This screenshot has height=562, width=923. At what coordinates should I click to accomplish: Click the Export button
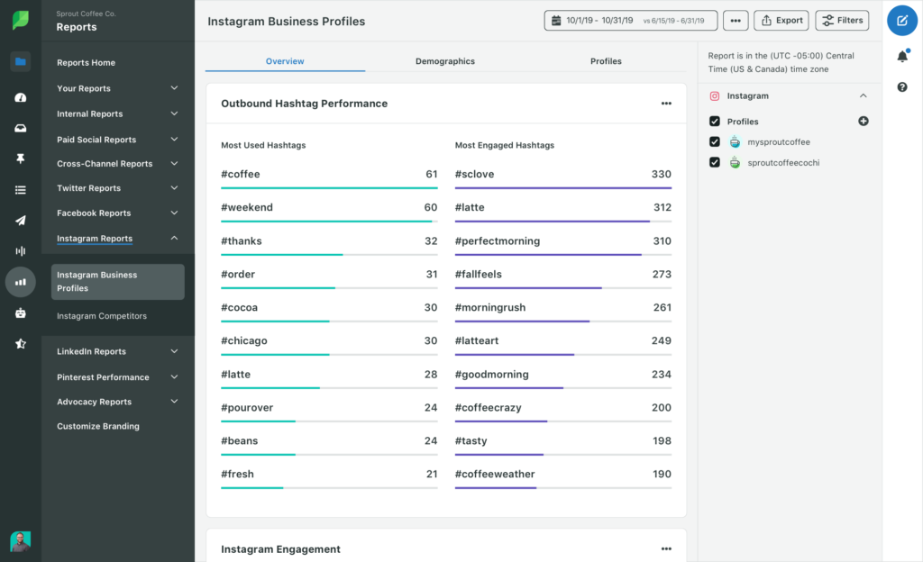(x=781, y=20)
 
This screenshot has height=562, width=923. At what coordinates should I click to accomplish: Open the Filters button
(x=842, y=20)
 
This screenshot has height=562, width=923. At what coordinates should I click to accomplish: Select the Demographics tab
(x=444, y=61)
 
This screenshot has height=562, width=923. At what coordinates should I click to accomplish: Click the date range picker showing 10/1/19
(x=630, y=20)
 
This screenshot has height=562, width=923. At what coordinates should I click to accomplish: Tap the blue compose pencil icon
(x=901, y=20)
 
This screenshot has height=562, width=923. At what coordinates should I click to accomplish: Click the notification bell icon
(x=901, y=57)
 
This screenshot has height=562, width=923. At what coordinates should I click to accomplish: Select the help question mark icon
(x=901, y=87)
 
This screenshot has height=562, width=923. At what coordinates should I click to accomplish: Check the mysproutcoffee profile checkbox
(x=715, y=142)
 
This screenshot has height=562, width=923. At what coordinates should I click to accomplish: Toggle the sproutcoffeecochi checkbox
(x=715, y=163)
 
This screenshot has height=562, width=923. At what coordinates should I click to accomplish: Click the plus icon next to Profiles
(x=863, y=122)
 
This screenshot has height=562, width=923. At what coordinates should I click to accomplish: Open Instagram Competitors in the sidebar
(x=101, y=316)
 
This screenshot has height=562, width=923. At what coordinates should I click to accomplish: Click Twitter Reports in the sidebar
(x=88, y=188)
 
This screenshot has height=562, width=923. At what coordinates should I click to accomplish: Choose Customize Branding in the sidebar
(x=97, y=426)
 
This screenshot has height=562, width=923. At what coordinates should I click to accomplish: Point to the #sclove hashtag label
(x=474, y=174)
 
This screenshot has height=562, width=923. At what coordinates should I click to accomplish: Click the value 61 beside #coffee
(x=431, y=174)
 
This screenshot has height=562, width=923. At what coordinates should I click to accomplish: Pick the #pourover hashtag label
(x=247, y=407)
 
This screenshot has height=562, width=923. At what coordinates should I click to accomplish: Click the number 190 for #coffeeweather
(x=661, y=474)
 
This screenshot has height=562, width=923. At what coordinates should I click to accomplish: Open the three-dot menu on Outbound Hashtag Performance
(x=666, y=104)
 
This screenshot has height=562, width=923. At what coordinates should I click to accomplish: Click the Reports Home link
(x=86, y=63)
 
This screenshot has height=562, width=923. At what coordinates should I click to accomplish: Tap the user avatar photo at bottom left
(x=20, y=540)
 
